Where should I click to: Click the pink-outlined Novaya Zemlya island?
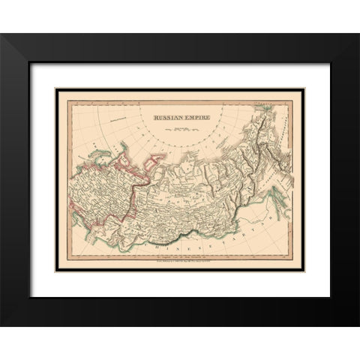click(158, 158)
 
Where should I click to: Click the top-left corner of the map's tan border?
click(55, 88)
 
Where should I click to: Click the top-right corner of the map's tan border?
click(304, 88)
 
